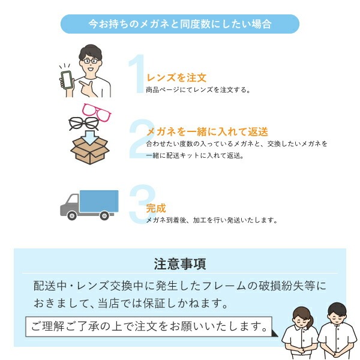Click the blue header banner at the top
180,24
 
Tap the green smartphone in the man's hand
67,80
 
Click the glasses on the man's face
91,61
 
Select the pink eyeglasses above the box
97,112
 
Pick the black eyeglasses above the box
84,124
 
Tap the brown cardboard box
90,151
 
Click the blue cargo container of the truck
99,201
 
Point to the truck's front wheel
72,215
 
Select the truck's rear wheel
104,215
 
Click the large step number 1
137,73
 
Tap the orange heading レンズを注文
176,77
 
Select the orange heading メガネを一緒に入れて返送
207,132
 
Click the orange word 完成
156,208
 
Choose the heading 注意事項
180,264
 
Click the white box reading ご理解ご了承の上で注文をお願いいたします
149,326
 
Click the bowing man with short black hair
337,331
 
